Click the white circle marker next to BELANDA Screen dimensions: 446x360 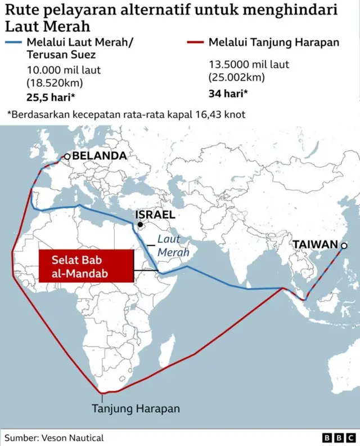pos(67,157)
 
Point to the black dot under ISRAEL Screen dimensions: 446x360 pos(139,225)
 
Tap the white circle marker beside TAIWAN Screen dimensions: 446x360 pos(344,246)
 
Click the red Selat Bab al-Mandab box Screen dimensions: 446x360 pos(85,267)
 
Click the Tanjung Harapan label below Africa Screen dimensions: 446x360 pos(136,409)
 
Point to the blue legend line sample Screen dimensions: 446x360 pos(13,43)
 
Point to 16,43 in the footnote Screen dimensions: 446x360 pos(200,114)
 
